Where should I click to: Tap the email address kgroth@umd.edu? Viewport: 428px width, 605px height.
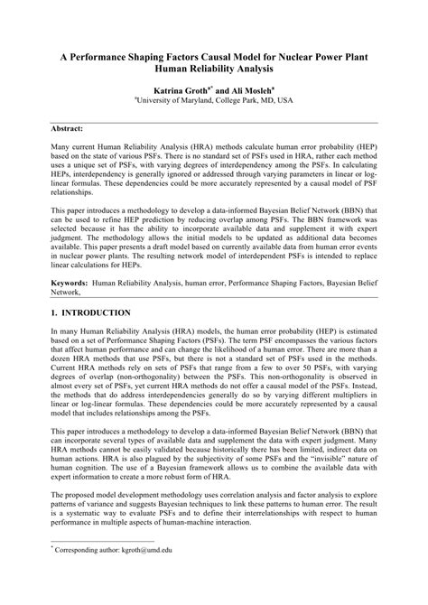click(x=149, y=572)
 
